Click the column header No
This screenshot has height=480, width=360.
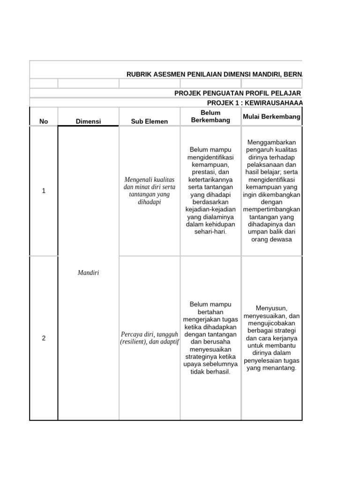44,121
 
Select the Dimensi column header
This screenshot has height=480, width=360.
88,121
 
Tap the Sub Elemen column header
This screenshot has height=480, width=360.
150,121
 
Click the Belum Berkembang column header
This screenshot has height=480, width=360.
210,116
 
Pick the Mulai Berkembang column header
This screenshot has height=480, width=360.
271,117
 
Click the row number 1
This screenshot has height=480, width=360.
44,191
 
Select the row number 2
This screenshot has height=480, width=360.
44,338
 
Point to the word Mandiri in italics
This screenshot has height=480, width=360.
88,273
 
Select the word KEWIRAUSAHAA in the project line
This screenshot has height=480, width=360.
280,103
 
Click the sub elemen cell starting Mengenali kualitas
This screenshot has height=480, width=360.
150,191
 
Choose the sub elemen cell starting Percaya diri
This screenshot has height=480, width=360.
150,338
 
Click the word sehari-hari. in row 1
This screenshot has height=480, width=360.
210,232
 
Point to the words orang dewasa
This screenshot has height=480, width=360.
271,239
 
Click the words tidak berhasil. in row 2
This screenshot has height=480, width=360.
210,372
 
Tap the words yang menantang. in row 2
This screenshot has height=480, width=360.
271,368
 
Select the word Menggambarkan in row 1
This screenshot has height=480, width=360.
271,142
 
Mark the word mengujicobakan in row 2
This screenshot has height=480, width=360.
271,323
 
